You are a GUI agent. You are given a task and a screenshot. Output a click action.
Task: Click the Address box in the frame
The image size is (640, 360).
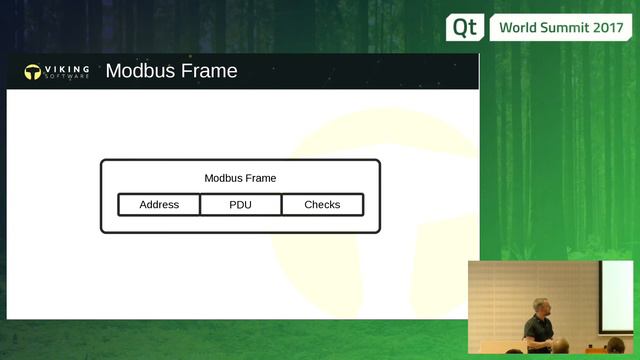point(159,205)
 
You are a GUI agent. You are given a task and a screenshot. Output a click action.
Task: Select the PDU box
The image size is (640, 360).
point(240,205)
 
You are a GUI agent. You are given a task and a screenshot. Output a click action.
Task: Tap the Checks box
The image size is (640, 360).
point(322,205)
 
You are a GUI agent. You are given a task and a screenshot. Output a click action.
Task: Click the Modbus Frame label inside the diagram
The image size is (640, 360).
point(240,178)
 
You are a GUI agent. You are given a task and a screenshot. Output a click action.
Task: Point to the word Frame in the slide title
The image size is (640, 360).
point(209,71)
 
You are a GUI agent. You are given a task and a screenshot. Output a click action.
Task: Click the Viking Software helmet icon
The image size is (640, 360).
point(33,72)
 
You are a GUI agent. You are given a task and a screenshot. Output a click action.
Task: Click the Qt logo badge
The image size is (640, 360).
point(464,27)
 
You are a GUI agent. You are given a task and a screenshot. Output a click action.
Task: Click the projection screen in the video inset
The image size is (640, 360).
point(618,298)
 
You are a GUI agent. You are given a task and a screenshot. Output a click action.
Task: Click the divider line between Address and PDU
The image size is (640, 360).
point(200,205)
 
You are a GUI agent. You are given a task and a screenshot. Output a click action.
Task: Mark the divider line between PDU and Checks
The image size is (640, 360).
point(281,205)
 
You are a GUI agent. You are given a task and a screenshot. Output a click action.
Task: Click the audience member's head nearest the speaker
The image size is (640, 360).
point(562,346)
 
